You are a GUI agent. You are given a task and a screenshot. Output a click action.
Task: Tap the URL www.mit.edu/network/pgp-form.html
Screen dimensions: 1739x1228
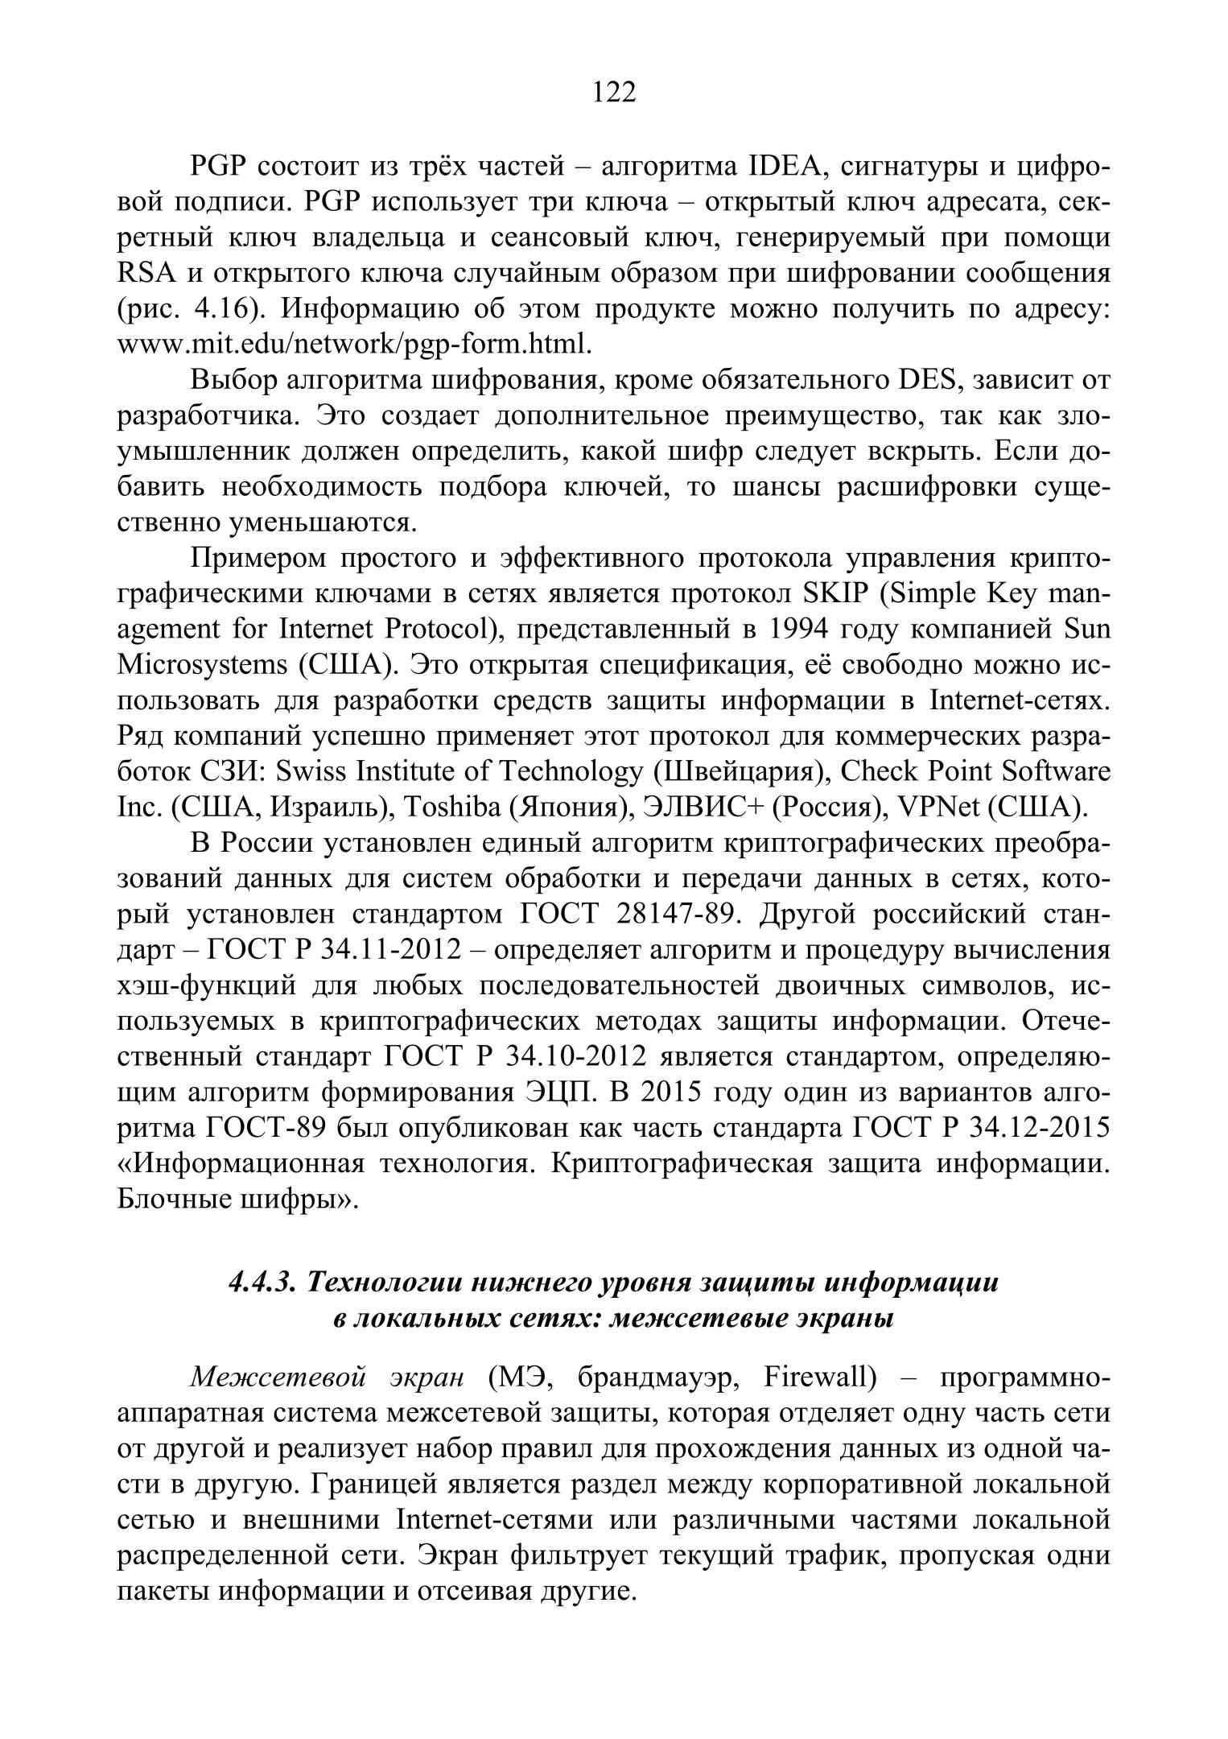point(354,345)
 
